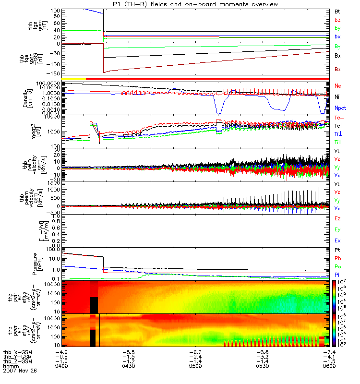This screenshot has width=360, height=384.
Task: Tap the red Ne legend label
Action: point(338,85)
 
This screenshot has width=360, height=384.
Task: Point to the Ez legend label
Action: point(338,219)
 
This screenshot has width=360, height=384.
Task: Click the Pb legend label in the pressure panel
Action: point(338,260)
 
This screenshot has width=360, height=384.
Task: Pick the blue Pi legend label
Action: point(338,275)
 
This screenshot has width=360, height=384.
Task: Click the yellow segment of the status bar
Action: point(74,78)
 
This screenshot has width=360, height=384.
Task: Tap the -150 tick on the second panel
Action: point(53,73)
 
